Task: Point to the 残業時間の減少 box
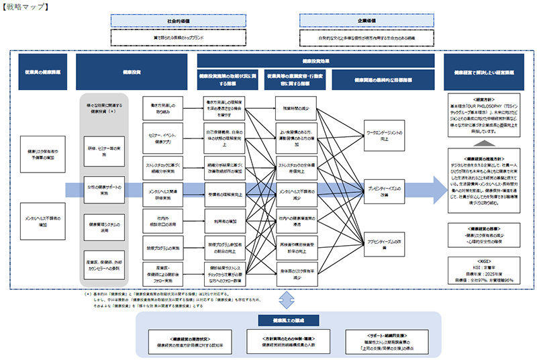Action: pos(295,108)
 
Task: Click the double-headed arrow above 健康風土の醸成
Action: pos(288,299)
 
